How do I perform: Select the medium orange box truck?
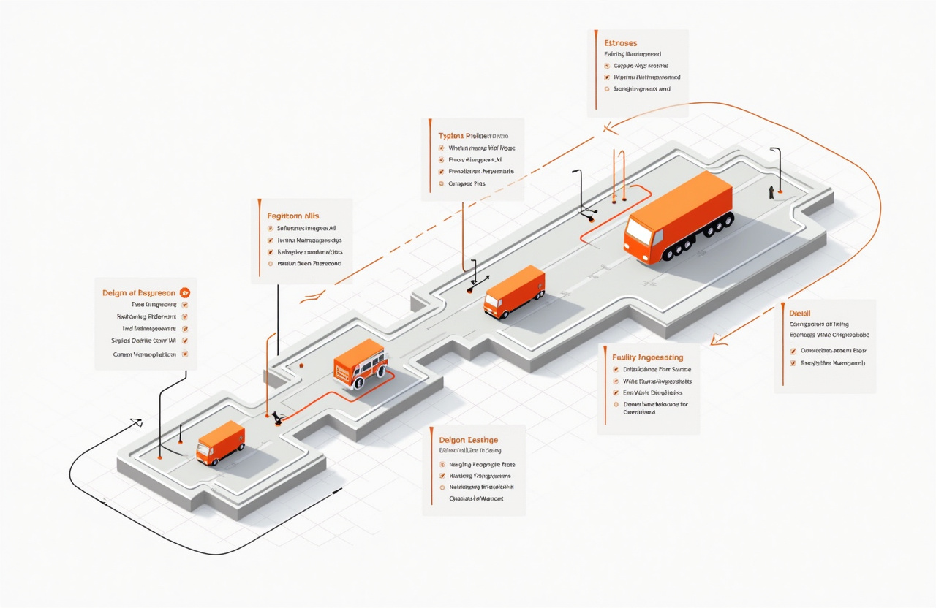click(x=515, y=291)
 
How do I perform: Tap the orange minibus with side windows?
click(x=359, y=363)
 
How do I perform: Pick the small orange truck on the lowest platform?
click(x=220, y=442)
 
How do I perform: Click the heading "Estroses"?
click(x=621, y=42)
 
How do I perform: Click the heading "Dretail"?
click(x=800, y=313)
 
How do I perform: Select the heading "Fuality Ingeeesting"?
click(x=647, y=357)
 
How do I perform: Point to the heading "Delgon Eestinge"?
click(x=468, y=440)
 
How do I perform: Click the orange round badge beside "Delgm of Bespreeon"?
click(x=184, y=292)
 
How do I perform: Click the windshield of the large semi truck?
click(x=638, y=233)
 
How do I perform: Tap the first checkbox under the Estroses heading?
click(x=607, y=66)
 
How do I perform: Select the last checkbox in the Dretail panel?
click(x=793, y=362)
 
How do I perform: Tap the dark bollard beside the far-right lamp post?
click(x=771, y=192)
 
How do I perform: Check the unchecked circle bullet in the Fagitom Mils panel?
click(x=270, y=263)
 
